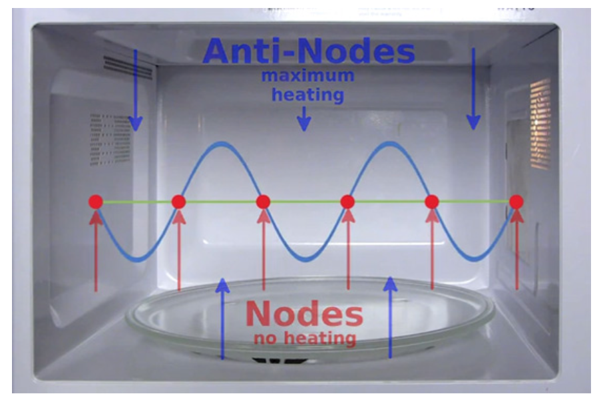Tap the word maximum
(x=307, y=75)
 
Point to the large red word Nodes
(x=304, y=313)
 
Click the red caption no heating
(x=304, y=337)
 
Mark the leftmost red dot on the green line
(x=95, y=202)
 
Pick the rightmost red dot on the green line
(x=516, y=201)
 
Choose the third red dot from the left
(x=263, y=202)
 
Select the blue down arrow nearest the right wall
(x=473, y=89)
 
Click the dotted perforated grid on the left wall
(x=106, y=140)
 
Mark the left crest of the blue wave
(x=220, y=144)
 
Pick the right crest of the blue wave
(x=389, y=144)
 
